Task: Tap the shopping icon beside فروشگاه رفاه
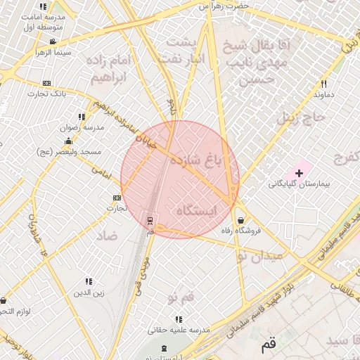[x=241, y=219]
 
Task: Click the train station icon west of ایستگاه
[x=149, y=221]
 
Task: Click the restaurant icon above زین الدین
[x=89, y=281]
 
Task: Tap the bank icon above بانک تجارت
[x=47, y=83]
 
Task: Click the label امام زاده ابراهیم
[x=108, y=68]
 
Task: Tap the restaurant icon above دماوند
[x=323, y=83]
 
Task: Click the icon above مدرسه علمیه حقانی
[x=179, y=319]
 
